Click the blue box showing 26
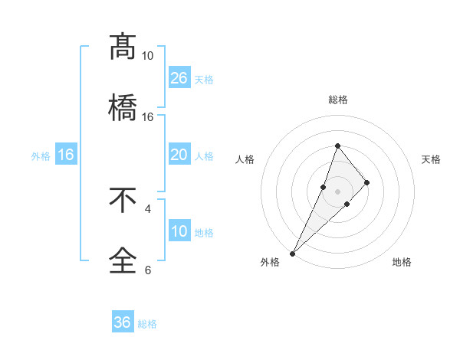point(179,78)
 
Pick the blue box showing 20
point(179,155)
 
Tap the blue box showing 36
point(123,322)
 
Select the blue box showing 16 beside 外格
point(66,155)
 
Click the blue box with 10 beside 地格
point(179,231)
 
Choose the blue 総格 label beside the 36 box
point(147,324)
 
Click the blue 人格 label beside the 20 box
point(204,156)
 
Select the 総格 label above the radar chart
point(337,100)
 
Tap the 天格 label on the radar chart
point(431,159)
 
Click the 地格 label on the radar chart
point(402,263)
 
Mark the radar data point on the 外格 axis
point(292,253)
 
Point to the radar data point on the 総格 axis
point(337,146)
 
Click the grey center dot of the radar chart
point(337,191)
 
